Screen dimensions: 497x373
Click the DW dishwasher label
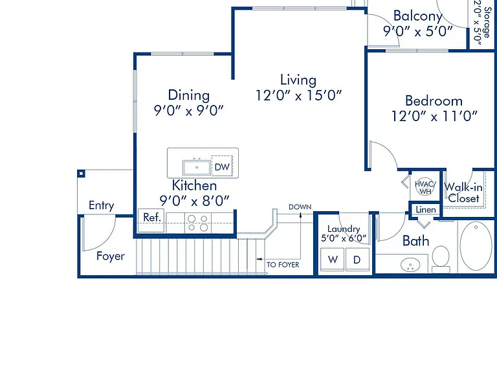pos(222,167)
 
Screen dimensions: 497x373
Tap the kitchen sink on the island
pos(197,168)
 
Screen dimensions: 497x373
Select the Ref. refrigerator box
pos(151,220)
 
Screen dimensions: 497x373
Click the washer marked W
pos(333,260)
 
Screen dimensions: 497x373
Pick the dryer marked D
pos(357,260)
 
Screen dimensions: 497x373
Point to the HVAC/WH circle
pos(425,186)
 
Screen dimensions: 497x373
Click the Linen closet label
pos(426,210)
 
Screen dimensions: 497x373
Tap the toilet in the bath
pos(441,259)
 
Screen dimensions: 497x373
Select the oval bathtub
pos(476,246)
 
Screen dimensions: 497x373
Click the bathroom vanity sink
pos(410,265)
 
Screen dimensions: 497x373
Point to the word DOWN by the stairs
pos(300,207)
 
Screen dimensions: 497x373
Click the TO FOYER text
pos(283,264)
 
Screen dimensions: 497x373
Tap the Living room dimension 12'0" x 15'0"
pos(298,95)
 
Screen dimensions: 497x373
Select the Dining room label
pos(188,95)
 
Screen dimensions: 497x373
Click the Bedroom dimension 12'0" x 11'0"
pos(434,116)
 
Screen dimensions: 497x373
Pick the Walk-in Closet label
pos(463,193)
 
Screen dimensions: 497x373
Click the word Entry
pos(101,205)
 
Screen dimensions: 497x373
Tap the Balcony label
pos(418,16)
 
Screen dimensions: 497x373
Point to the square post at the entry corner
pos(81,174)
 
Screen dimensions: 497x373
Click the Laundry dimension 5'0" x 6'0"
pos(344,238)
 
